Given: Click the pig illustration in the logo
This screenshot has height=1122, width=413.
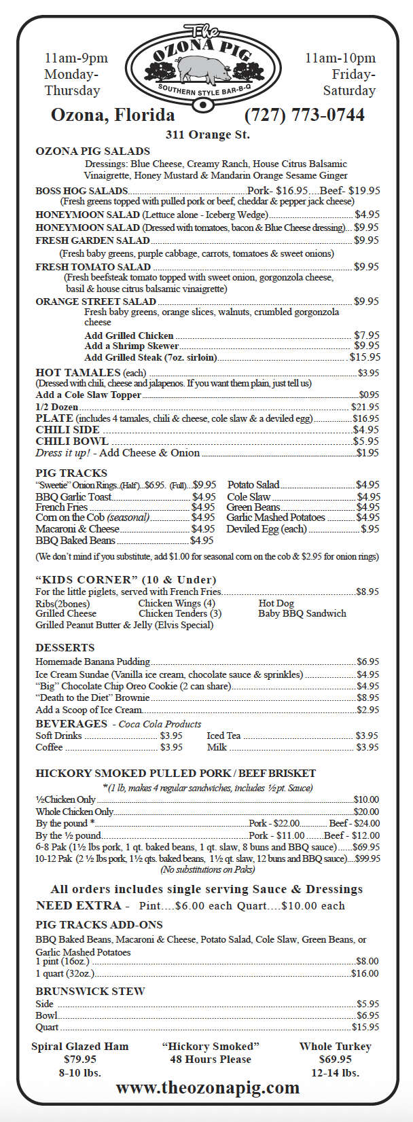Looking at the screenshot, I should click(202, 68).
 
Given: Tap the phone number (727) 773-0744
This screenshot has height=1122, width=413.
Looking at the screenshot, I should click(304, 115).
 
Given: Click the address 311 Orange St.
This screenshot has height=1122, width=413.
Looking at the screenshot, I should click(207, 134).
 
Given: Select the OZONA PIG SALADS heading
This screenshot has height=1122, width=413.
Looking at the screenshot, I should click(92, 151).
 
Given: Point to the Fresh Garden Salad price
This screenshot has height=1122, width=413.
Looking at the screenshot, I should click(366, 240).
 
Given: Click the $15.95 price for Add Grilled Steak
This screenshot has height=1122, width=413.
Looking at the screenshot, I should click(365, 357).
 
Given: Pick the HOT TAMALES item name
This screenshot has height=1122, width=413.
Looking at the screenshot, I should click(77, 373).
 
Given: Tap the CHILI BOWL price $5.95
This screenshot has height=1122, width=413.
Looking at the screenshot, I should click(366, 441).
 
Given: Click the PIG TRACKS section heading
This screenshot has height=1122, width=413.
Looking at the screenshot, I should click(71, 473).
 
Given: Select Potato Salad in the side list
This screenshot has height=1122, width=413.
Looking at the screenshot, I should click(253, 485).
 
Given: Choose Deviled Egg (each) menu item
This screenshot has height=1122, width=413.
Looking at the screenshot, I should click(266, 529).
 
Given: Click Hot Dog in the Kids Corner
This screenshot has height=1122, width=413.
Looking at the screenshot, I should click(276, 603).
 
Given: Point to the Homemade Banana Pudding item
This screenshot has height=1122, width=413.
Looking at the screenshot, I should click(92, 662).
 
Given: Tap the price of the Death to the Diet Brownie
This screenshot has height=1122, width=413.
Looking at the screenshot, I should click(368, 698).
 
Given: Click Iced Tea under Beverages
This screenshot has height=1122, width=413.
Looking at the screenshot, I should click(223, 736).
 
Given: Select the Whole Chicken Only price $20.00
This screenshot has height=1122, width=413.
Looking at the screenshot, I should click(366, 812).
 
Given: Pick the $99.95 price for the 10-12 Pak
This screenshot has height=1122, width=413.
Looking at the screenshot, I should click(367, 858).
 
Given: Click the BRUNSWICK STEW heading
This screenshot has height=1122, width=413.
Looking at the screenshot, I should click(90, 991).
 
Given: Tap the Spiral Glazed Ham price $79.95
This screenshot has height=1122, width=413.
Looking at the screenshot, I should click(80, 1060).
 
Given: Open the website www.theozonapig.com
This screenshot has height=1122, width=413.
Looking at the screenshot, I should click(207, 1087).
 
